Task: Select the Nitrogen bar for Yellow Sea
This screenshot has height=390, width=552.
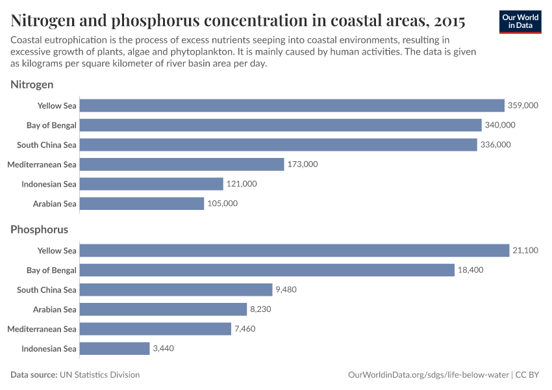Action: [x=292, y=105]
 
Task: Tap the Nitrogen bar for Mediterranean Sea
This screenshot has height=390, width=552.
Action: [x=182, y=164]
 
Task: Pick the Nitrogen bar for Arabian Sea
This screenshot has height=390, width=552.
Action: [x=142, y=203]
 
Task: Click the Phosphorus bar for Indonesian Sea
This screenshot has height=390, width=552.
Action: [x=114, y=348]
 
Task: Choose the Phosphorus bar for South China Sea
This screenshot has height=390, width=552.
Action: [x=176, y=290]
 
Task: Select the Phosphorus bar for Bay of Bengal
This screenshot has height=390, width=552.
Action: [x=267, y=270]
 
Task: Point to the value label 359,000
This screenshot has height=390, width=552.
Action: [x=523, y=105]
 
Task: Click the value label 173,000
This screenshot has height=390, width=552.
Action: [x=303, y=164]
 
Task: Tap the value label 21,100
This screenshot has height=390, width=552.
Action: [x=525, y=250]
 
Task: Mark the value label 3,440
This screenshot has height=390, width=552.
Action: [x=164, y=348]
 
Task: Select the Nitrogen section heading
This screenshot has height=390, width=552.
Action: [x=32, y=84]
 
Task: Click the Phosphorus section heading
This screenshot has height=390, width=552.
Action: [x=39, y=229]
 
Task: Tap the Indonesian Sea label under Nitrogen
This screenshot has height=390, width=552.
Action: [x=49, y=184]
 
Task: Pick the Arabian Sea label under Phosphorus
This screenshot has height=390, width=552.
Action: [x=55, y=309]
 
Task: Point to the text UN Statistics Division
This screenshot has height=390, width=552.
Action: [x=99, y=375]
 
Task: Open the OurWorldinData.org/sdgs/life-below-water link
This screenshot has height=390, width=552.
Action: [x=429, y=375]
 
